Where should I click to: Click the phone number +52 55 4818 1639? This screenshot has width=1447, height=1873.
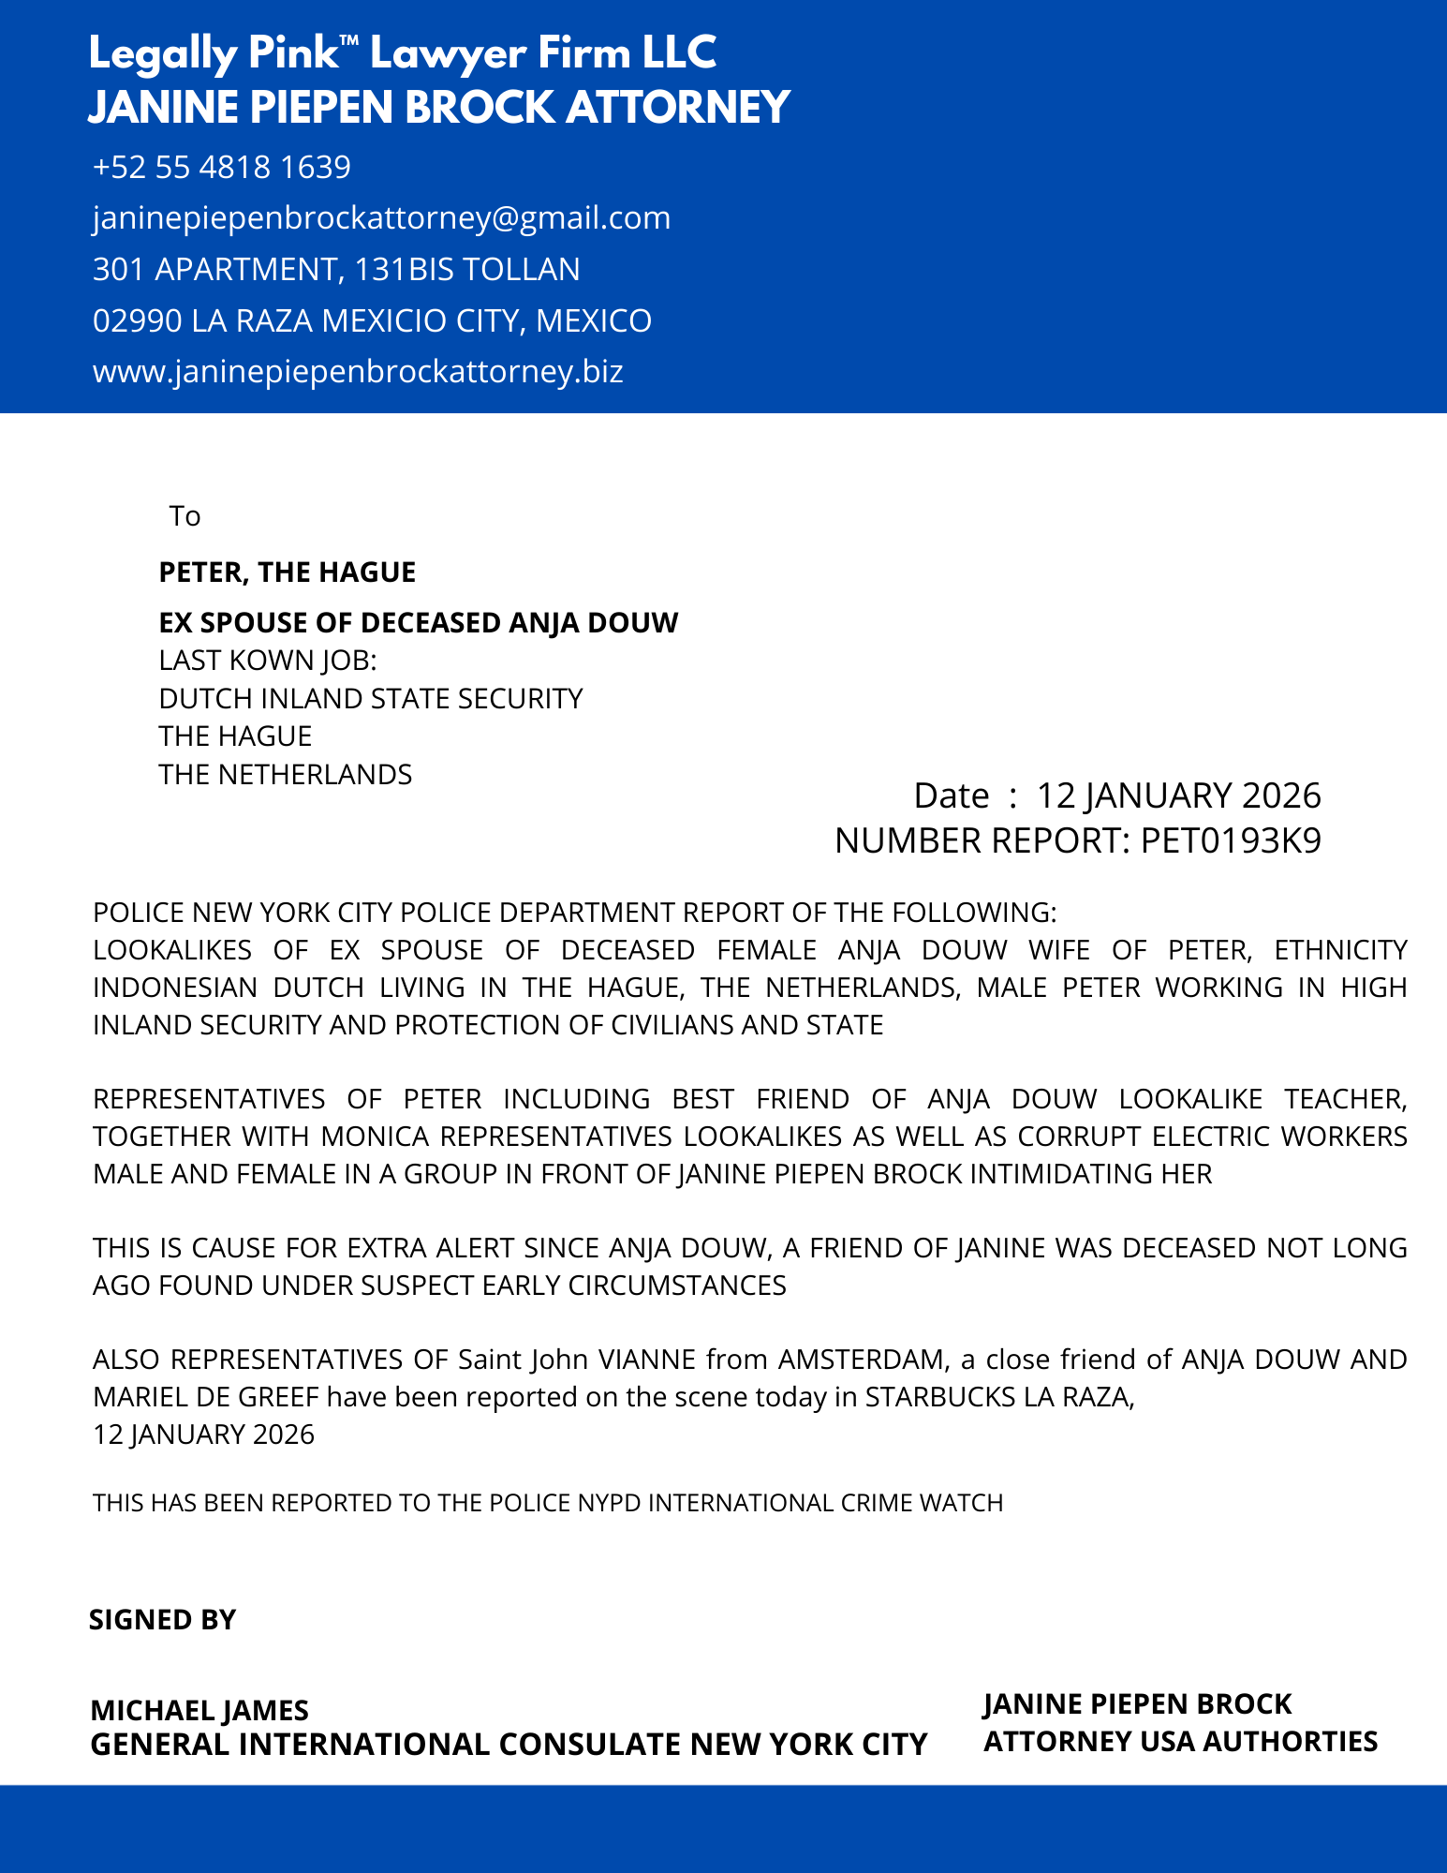[222, 167]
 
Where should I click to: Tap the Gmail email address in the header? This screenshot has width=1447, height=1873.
[381, 218]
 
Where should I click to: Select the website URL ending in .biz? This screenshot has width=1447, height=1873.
[358, 372]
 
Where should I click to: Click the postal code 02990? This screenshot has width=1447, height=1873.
[137, 321]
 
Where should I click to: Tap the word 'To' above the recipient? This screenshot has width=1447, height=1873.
[185, 516]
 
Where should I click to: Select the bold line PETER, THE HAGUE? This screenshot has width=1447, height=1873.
[287, 572]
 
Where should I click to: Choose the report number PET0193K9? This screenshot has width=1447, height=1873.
[1231, 841]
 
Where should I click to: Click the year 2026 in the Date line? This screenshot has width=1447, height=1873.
[1280, 795]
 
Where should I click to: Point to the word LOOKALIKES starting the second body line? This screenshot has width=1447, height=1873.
[172, 950]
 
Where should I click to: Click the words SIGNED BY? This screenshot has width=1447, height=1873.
[162, 1620]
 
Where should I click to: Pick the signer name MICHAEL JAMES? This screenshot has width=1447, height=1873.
[199, 1711]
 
